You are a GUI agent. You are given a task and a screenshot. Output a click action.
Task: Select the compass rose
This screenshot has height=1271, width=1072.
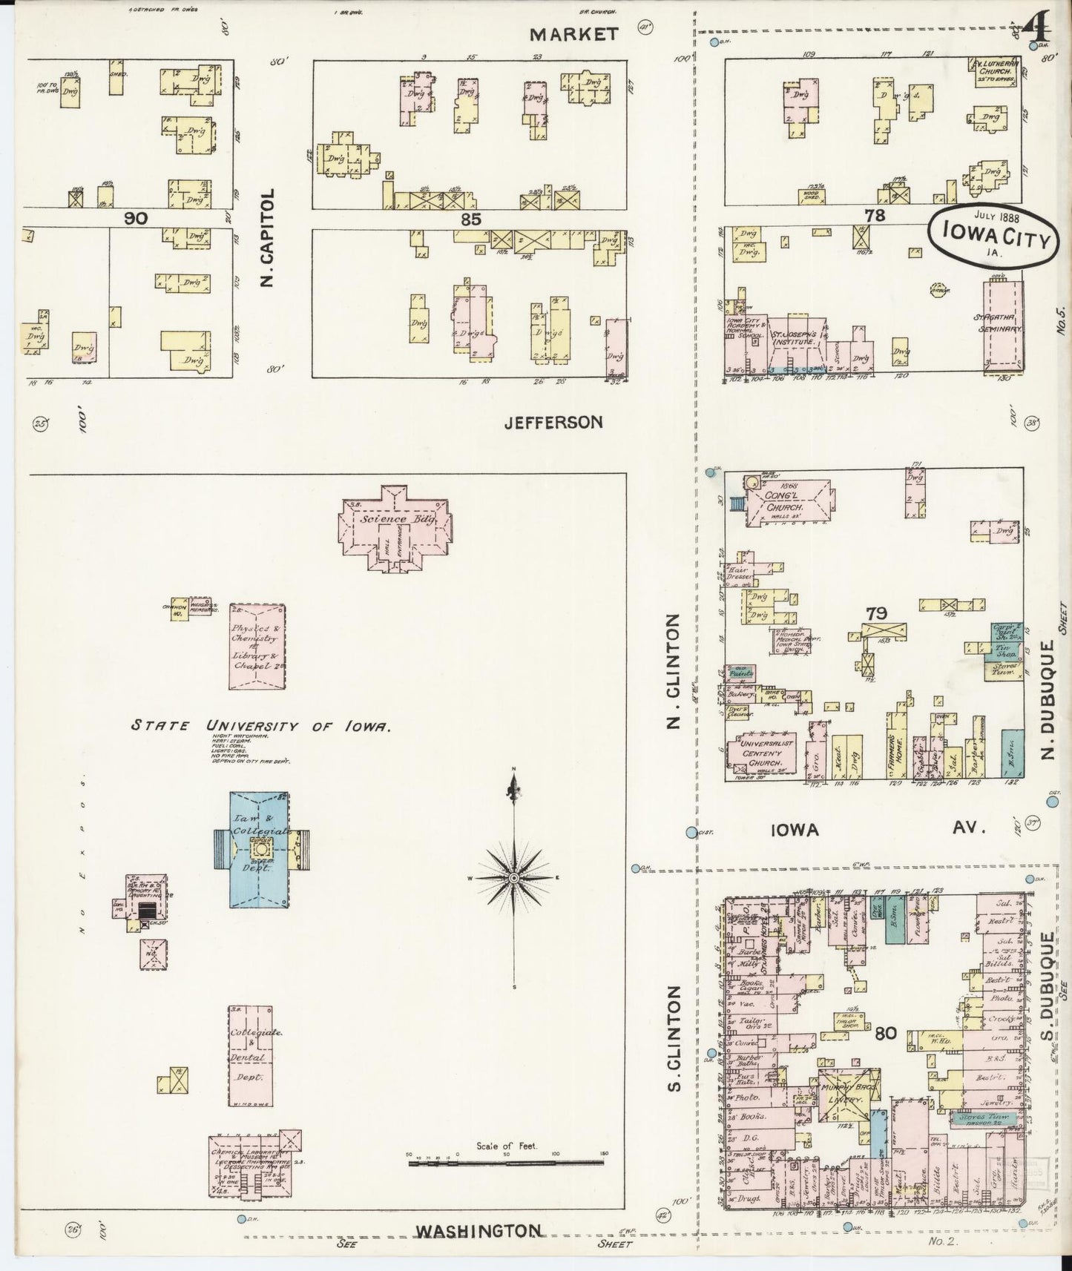pyautogui.click(x=513, y=878)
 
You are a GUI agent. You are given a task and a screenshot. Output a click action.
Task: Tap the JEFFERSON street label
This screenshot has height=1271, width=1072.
pyautogui.click(x=553, y=422)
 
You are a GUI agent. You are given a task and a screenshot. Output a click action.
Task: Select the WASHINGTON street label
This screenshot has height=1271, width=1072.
pyautogui.click(x=478, y=1231)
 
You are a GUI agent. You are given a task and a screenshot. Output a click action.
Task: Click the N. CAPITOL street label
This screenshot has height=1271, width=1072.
pyautogui.click(x=268, y=237)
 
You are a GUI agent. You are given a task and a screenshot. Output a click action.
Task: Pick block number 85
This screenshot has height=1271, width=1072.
pyautogui.click(x=470, y=219)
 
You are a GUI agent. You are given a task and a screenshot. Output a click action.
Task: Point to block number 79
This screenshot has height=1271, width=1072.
pyautogui.click(x=876, y=613)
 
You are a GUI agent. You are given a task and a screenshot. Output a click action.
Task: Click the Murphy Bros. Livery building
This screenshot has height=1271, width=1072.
pyautogui.click(x=848, y=1095)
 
